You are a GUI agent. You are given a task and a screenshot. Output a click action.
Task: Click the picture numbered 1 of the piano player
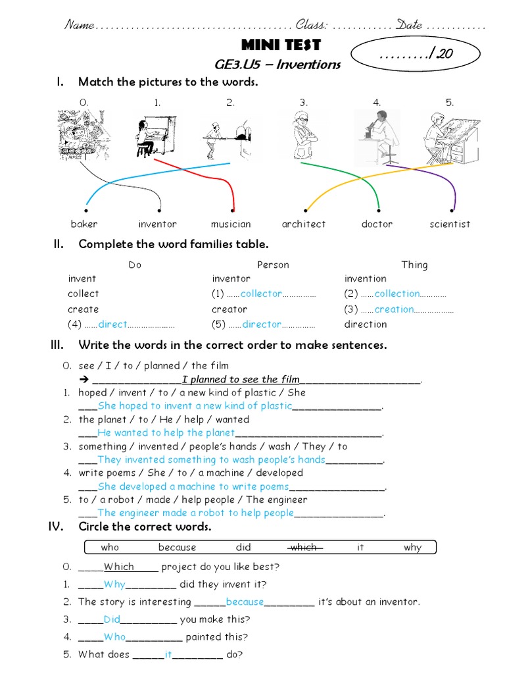click(x=156, y=136)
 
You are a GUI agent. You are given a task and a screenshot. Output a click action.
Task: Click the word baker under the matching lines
click(x=84, y=224)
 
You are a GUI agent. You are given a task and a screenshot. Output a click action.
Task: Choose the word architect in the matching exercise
click(x=303, y=224)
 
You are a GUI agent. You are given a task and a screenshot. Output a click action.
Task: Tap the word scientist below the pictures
click(x=450, y=224)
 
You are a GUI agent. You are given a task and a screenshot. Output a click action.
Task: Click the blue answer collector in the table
click(x=261, y=294)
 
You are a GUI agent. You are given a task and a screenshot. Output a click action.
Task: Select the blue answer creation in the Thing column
click(x=395, y=309)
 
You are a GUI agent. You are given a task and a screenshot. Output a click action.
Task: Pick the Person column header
click(x=273, y=265)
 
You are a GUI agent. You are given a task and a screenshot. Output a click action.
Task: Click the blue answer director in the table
click(x=262, y=324)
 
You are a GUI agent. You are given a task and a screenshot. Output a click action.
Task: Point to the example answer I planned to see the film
click(x=241, y=379)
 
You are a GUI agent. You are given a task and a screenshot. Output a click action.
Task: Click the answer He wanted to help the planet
click(x=166, y=432)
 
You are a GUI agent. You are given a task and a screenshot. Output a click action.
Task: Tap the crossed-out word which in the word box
click(x=304, y=547)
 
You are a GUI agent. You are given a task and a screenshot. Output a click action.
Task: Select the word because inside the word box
click(x=177, y=547)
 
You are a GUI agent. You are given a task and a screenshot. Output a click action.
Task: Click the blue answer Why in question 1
click(x=114, y=584)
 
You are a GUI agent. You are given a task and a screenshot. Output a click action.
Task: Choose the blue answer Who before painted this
click(x=114, y=636)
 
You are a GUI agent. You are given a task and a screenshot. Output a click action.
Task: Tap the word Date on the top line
click(x=409, y=25)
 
